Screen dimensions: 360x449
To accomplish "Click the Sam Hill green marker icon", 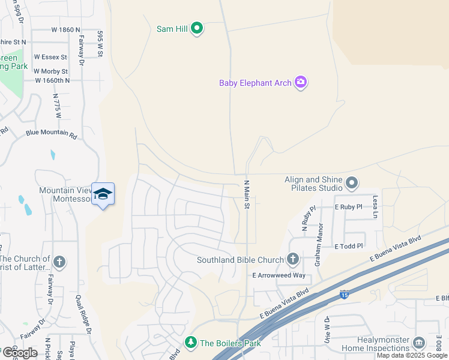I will pos(197,28).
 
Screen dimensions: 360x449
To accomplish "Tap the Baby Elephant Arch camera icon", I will pos(301,83).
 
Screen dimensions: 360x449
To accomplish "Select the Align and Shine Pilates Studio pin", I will pos(352,182).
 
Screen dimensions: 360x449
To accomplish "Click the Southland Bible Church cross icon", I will pos(292,260).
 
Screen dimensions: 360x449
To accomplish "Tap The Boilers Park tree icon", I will pos(191,343).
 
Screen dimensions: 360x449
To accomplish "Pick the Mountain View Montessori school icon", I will pos(103,194).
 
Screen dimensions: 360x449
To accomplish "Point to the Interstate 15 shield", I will pos(344,294).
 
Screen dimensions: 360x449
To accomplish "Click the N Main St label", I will pos(246,194).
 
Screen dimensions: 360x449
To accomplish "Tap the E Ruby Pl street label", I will pos(348,206).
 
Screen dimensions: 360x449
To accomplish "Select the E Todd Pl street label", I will pos(349,246).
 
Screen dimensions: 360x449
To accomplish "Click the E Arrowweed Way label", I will pos(279,275).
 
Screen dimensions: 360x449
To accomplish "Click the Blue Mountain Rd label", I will pos(51,134).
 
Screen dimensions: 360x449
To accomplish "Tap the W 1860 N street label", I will pos(65,29).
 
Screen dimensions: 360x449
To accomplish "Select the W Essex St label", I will pos(50,56).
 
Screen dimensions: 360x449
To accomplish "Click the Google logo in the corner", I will pos(19,353).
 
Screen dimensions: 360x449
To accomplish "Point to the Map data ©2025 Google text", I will pos(412,355).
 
